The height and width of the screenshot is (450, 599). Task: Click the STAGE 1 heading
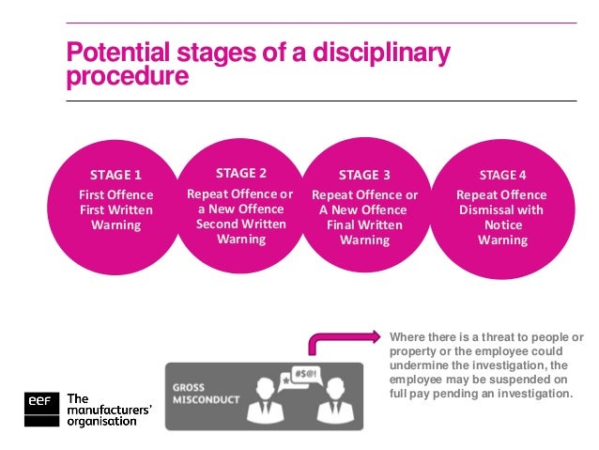click(115, 175)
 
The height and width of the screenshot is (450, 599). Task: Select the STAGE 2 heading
click(241, 173)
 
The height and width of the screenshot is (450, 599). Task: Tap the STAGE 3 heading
click(364, 175)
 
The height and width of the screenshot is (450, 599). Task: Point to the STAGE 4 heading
click(502, 175)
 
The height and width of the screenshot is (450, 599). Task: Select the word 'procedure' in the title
click(127, 76)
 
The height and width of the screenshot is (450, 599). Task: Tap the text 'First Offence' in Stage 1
click(115, 194)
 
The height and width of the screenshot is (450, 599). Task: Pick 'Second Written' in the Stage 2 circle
click(241, 224)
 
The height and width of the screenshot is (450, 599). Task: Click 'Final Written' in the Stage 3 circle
click(364, 225)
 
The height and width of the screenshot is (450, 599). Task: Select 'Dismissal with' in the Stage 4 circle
click(502, 209)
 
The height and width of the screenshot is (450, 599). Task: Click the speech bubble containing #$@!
click(306, 374)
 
